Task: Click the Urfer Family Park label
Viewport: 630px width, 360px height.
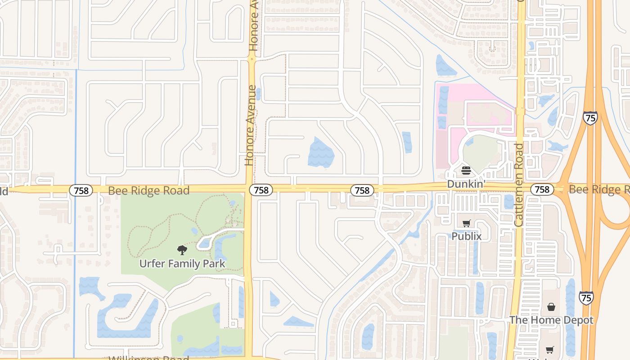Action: (182, 264)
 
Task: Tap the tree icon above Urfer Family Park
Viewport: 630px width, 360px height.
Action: (182, 250)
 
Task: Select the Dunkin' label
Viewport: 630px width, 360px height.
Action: (465, 184)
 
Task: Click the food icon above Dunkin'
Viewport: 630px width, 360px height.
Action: (466, 171)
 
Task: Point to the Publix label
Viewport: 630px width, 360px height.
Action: (467, 236)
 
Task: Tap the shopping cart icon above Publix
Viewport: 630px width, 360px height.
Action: (467, 223)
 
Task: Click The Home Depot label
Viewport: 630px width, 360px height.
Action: (551, 320)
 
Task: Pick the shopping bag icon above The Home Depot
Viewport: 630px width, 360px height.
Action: (551, 307)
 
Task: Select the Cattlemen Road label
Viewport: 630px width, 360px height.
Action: (518, 184)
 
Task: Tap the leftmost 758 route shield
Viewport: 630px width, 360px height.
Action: (81, 190)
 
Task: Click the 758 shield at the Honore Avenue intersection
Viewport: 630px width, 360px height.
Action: (261, 190)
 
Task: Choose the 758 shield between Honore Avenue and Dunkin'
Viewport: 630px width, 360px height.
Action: (362, 190)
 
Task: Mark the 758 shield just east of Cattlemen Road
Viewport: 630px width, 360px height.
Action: (542, 189)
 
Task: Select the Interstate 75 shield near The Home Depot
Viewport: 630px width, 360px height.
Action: (586, 297)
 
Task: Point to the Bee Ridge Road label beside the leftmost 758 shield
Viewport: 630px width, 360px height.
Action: (148, 191)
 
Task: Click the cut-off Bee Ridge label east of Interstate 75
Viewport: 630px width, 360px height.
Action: (598, 189)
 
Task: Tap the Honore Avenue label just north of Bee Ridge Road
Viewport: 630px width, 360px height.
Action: (250, 126)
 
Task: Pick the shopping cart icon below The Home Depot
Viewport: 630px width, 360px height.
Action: (549, 350)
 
